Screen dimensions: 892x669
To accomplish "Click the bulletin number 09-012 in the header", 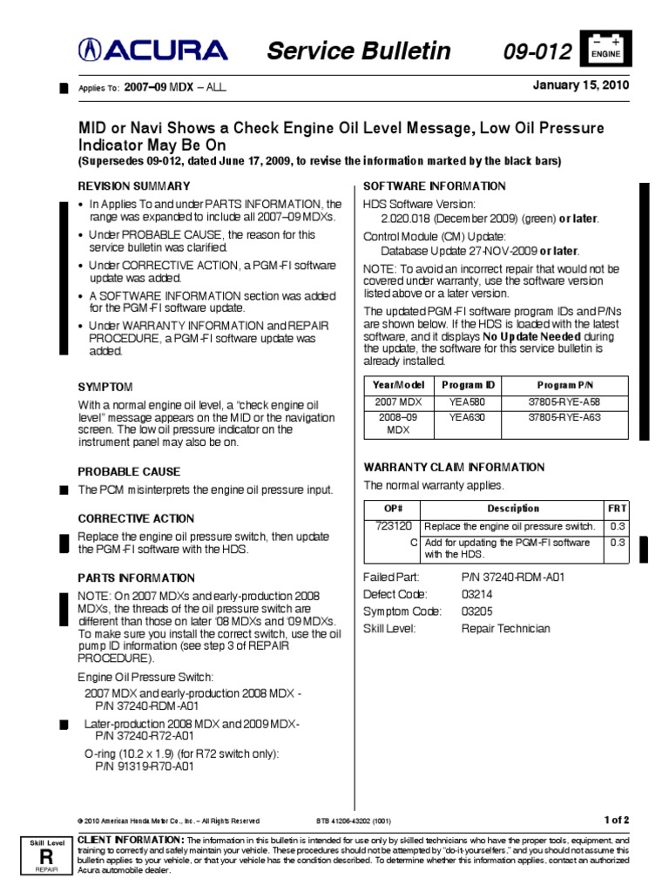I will [537, 52].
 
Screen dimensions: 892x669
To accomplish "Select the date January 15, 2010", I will [580, 85].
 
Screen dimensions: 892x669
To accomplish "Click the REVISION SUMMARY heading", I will [133, 186].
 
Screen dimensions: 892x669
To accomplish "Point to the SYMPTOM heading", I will [105, 386].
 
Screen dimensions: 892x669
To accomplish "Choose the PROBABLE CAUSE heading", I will [130, 470].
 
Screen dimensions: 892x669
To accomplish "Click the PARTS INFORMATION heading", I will [137, 578].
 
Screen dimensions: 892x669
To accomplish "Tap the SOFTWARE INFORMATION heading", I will [434, 186].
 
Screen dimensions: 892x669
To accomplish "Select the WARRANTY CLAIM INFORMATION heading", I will [453, 467].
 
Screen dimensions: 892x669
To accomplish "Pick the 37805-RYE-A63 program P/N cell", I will [564, 417].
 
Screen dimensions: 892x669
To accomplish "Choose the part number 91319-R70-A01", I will [144, 767].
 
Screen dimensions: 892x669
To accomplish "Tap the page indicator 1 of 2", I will [614, 820].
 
